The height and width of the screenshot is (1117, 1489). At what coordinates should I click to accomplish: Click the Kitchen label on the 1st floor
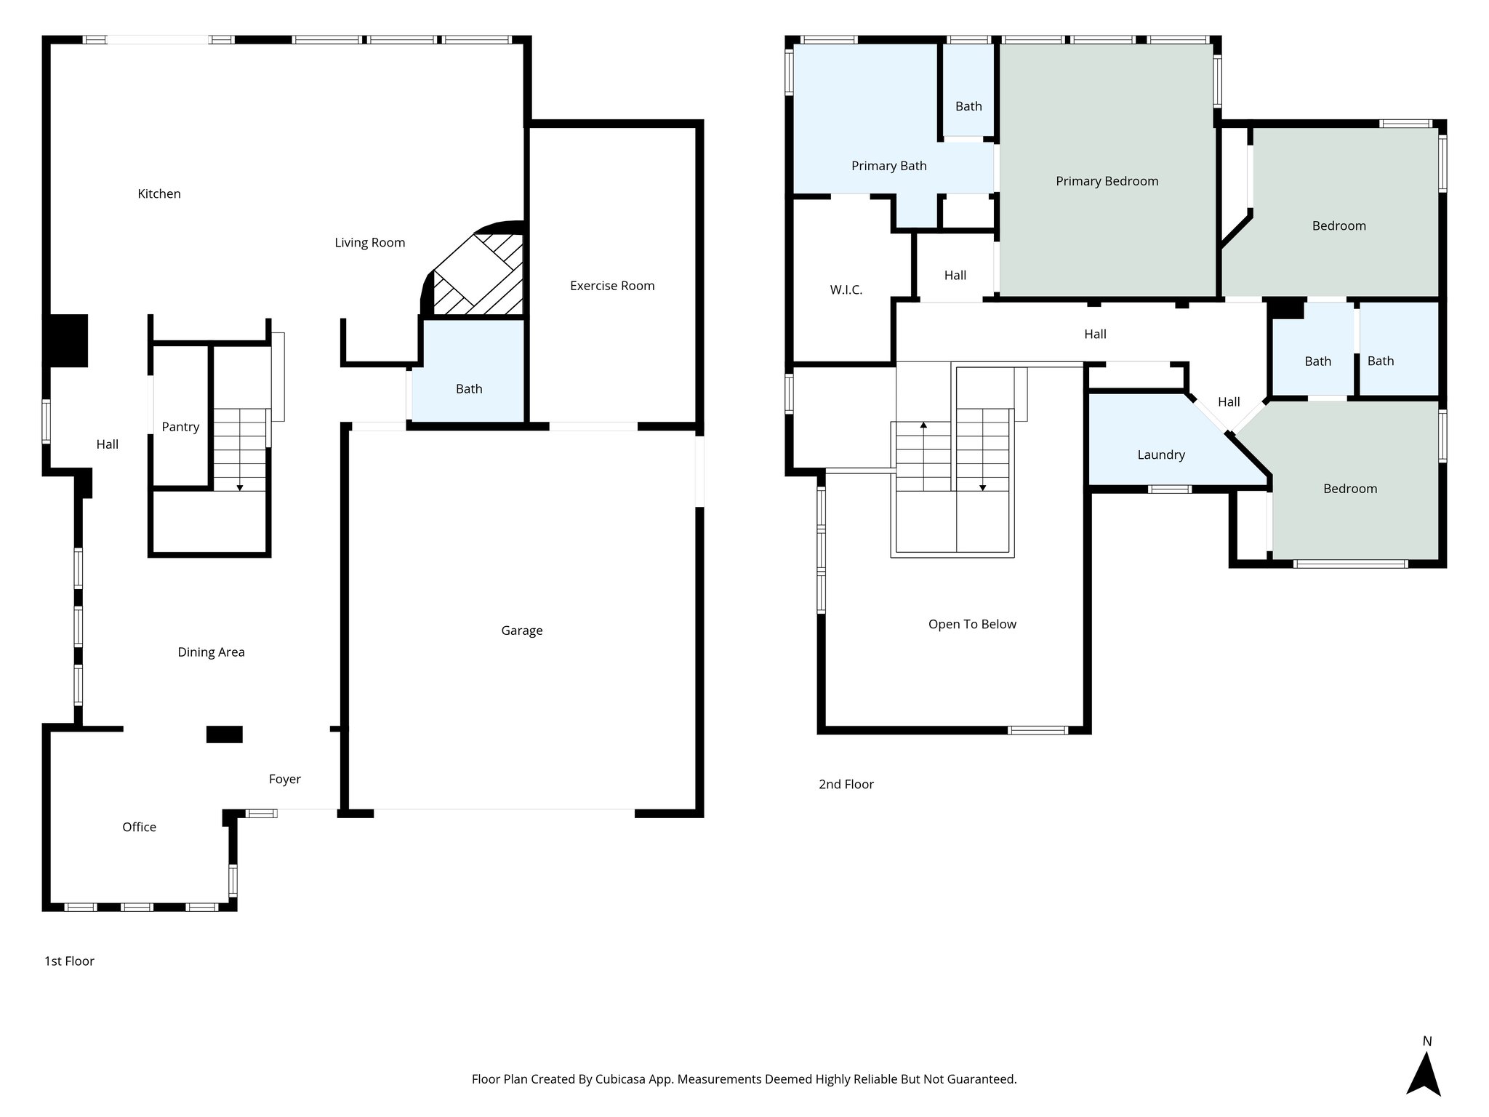pos(159,193)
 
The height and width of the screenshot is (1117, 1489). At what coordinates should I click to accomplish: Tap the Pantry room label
pos(180,427)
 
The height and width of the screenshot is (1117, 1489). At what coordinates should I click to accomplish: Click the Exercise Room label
pos(612,286)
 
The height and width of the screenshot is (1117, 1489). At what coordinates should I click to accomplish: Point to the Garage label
pos(521,630)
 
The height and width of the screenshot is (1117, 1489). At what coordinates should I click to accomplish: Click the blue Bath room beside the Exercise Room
pos(469,388)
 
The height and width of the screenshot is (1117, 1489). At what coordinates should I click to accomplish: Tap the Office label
pos(139,827)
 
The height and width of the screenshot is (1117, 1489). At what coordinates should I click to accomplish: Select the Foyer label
pos(284,779)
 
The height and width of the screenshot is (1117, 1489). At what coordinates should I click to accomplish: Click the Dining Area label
pos(211,652)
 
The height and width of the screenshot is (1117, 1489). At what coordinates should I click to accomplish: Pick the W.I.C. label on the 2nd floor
pos(846,289)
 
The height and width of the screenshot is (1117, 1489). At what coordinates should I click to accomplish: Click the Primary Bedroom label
pos(1107,181)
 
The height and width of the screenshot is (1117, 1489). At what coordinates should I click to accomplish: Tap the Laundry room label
pos(1160,455)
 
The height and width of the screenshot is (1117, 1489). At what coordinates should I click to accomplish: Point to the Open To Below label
pos(971,624)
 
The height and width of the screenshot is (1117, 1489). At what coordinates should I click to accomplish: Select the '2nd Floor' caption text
pos(846,784)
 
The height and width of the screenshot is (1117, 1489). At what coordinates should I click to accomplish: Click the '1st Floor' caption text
pos(69,961)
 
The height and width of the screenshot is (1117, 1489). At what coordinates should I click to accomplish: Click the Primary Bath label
pos(888,166)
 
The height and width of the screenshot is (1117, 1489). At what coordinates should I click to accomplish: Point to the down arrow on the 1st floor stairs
pos(240,487)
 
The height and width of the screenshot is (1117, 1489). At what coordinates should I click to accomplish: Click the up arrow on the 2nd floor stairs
pos(923,425)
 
